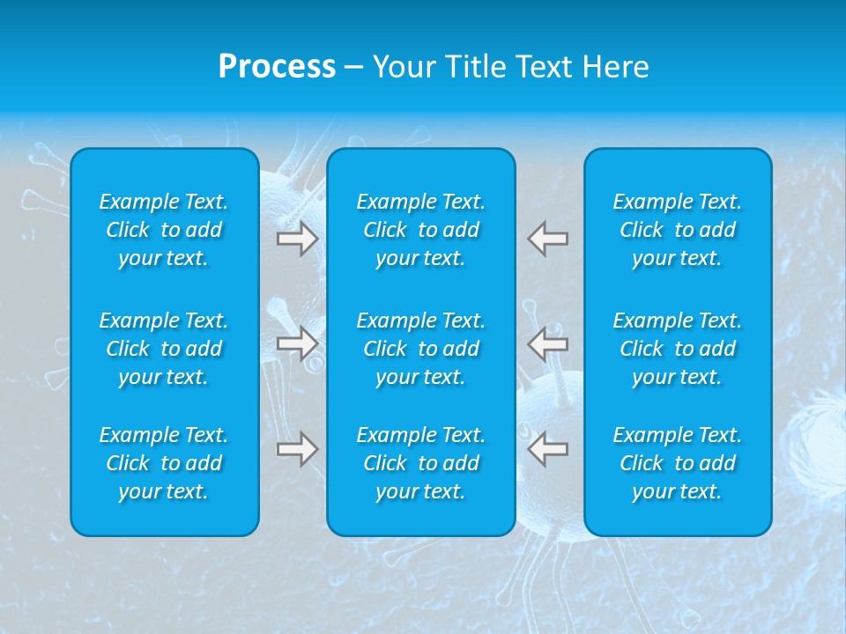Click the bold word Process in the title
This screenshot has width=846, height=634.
click(277, 67)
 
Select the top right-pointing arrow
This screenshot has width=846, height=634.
click(297, 239)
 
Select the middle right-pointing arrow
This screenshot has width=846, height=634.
click(297, 343)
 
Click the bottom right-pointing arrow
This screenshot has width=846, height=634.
click(297, 449)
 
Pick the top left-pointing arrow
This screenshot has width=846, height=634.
click(548, 239)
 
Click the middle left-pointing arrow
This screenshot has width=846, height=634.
click(548, 343)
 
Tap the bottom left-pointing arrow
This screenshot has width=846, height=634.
click(548, 449)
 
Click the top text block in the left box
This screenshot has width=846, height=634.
click(164, 230)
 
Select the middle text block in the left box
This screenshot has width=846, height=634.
click(164, 349)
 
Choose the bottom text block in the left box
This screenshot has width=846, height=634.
click(164, 463)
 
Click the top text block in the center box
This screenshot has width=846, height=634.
click(421, 230)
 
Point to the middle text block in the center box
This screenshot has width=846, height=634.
click(421, 349)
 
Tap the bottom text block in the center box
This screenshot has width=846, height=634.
click(421, 463)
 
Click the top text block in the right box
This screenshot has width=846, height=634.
click(678, 230)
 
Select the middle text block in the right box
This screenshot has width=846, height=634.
click(678, 349)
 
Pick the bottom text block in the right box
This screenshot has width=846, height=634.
click(678, 463)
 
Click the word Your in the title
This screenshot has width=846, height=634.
click(404, 67)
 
